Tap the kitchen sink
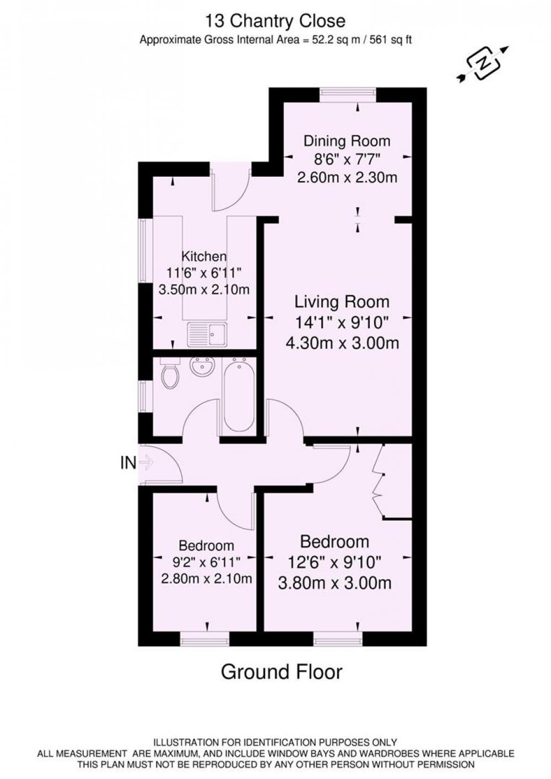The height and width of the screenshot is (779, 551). [207, 334]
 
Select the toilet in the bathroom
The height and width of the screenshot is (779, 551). [170, 373]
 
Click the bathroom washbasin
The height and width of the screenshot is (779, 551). [202, 367]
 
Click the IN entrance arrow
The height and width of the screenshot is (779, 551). [146, 462]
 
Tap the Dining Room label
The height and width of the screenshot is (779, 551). [347, 141]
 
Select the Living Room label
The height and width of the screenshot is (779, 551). [342, 302]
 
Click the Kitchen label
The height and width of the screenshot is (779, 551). [204, 257]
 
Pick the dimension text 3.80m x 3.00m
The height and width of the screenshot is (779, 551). [335, 583]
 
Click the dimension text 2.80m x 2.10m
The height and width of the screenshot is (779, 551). [207, 579]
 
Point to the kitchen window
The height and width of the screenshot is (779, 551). [146, 250]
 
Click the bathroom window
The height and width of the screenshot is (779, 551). [146, 397]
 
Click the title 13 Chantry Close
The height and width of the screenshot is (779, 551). [275, 21]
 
